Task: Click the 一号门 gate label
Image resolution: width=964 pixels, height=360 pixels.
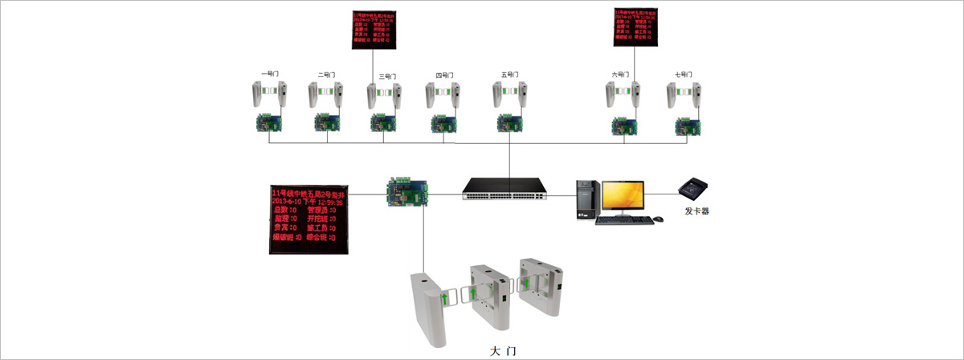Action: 269,74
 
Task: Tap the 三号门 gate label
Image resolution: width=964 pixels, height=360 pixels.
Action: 387,76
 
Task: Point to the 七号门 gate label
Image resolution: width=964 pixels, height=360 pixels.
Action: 684,74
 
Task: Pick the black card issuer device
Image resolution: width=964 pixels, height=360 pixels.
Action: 696,190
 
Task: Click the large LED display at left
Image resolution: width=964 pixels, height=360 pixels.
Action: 308,219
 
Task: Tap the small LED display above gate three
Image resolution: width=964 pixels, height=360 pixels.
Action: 374,28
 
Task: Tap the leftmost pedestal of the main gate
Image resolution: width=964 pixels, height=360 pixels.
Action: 431,309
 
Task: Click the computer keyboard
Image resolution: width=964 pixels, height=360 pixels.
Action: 621,220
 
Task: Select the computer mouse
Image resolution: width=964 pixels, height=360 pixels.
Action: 659,219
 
